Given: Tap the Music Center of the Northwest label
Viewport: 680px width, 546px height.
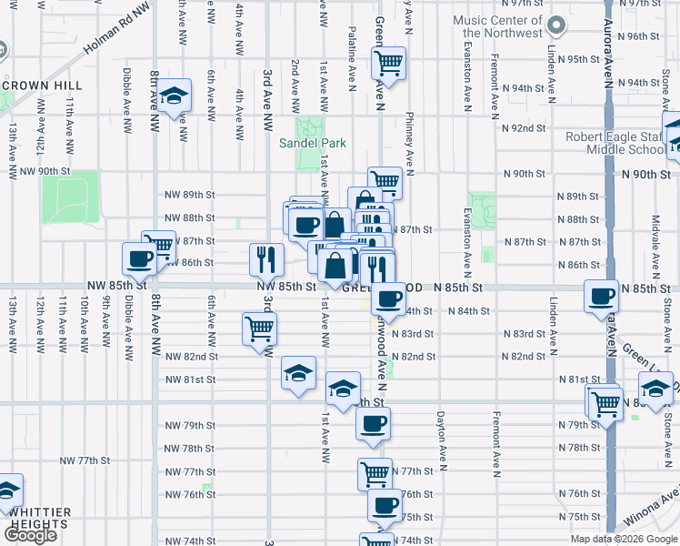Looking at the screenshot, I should tap(498, 27).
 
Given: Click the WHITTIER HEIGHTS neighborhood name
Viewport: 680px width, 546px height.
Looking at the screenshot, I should tap(35, 518).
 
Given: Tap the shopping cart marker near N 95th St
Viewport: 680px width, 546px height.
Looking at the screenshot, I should tap(389, 64).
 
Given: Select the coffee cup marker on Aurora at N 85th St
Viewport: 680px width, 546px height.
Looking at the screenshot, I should tap(601, 297).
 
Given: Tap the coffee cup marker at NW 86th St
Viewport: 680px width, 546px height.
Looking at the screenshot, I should tap(139, 259).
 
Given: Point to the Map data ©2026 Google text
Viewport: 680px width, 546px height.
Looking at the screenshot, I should tap(623, 539).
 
